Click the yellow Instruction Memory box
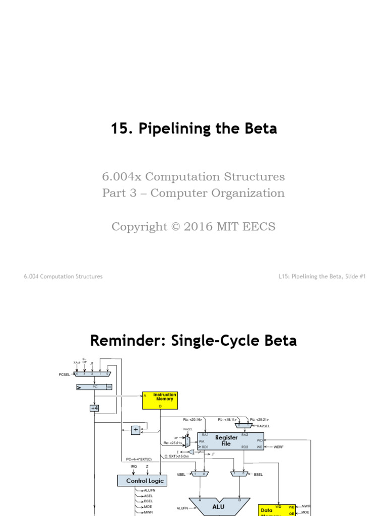point(160,400)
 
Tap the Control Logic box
point(141,481)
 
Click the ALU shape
point(219,506)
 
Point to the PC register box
point(94,387)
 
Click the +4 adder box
point(94,408)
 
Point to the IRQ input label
point(119,467)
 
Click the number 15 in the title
point(119,129)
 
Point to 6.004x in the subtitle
point(120,177)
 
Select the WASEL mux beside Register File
point(187,441)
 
